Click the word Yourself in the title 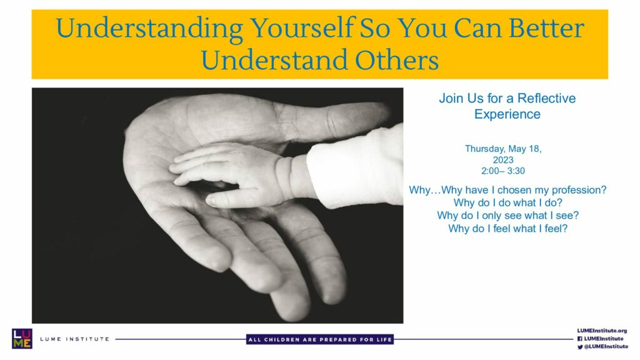(302, 29)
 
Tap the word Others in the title (397, 60)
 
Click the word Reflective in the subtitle (546, 98)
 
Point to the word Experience (507, 114)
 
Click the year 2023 (503, 160)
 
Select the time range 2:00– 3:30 (503, 171)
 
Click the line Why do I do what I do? (507, 203)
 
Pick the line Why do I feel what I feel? (507, 229)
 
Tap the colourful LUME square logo (22, 339)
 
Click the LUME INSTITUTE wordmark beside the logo (75, 339)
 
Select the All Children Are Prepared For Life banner (320, 339)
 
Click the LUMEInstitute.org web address (602, 331)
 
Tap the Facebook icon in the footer (579, 339)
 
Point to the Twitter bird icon (579, 347)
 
